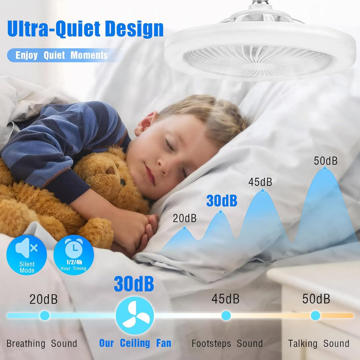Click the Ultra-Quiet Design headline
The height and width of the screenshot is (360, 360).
(x=85, y=29)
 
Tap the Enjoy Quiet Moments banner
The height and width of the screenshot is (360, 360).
(x=62, y=56)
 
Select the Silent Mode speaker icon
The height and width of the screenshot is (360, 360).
(x=27, y=255)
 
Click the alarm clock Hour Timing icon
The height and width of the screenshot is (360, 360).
(x=74, y=255)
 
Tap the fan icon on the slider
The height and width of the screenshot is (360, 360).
(x=135, y=315)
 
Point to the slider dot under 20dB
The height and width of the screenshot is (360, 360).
(x=45, y=315)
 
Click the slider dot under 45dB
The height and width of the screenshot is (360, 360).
(x=226, y=315)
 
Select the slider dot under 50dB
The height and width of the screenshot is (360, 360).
(x=315, y=315)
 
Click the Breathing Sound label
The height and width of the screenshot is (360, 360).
(x=42, y=344)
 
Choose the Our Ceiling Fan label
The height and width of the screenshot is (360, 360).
(x=135, y=343)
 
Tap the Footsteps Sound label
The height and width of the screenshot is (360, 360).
(x=227, y=344)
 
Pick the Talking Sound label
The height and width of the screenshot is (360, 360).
(x=319, y=344)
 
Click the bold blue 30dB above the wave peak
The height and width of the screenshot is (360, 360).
(x=222, y=201)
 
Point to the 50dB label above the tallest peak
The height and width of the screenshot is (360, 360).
(x=326, y=161)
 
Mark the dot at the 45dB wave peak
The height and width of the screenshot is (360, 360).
(x=263, y=191)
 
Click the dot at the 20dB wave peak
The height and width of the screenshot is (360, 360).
(x=185, y=228)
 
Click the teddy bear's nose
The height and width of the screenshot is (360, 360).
(x=111, y=171)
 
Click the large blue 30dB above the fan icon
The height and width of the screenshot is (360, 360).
(x=134, y=284)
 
